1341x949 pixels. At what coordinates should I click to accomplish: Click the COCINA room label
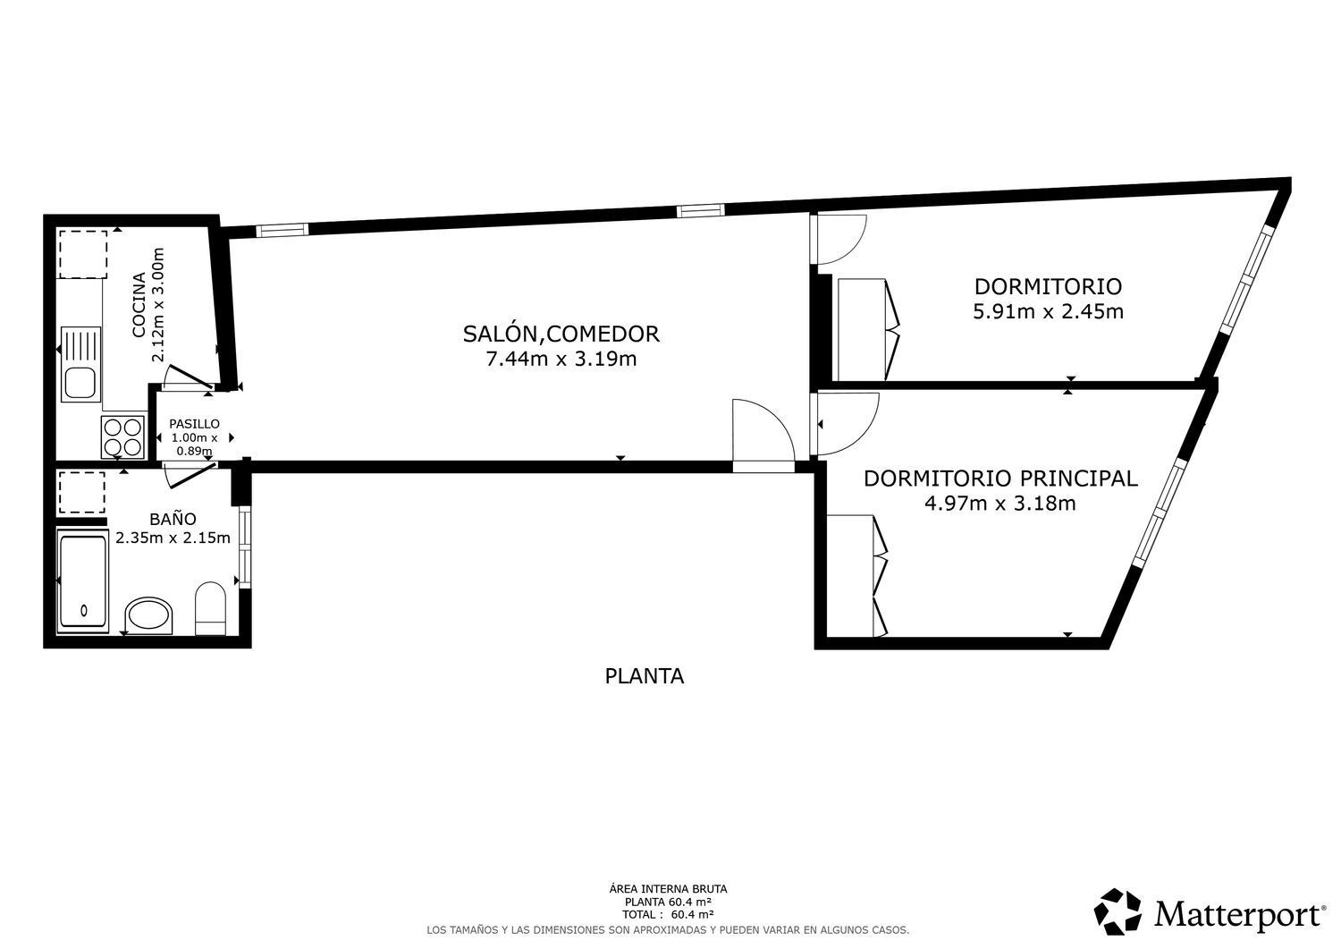coord(139,304)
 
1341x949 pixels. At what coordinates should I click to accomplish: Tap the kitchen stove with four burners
coord(123,437)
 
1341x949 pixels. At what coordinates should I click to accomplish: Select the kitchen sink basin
coord(80,383)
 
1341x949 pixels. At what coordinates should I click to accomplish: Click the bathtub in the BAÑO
coord(82,580)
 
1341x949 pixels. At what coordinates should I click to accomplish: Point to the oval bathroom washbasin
coord(148,615)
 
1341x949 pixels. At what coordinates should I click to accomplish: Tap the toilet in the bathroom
coord(211,608)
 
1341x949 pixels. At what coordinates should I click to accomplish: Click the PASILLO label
coord(194,424)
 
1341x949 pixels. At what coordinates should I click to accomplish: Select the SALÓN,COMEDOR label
coord(561,334)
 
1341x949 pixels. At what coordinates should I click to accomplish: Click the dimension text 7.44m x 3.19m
coord(561,360)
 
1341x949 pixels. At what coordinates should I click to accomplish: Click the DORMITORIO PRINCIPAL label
coord(999,478)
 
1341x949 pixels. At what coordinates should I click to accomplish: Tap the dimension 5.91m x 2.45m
coord(1048,312)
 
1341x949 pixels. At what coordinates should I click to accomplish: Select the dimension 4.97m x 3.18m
coord(999,504)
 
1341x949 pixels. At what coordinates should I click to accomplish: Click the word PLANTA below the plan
coord(644,676)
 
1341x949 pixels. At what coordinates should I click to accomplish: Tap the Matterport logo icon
coord(1118,912)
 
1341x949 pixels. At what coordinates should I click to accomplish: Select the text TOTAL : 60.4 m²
coord(668,914)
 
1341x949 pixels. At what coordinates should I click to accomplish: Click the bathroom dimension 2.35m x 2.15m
coord(173,538)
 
